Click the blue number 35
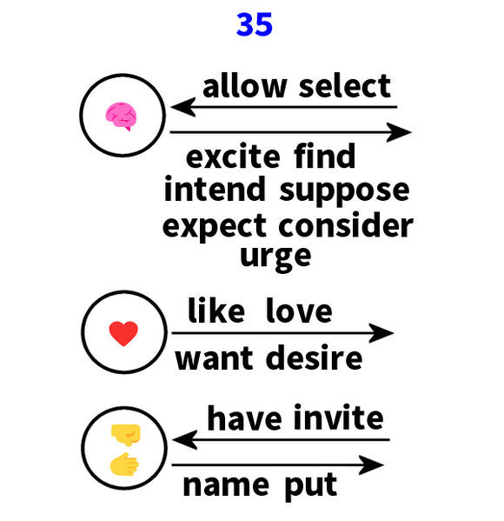[255, 24]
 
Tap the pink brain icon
[121, 116]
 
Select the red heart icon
[123, 333]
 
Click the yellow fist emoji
[126, 435]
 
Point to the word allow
[245, 86]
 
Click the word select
[345, 86]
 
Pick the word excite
[233, 157]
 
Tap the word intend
[215, 189]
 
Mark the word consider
[346, 225]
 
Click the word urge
[275, 258]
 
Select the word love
[299, 311]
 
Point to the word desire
[314, 357]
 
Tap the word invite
[338, 417]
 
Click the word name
[226, 485]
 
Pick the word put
[311, 487]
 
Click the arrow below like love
[282, 332]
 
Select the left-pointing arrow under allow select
[283, 107]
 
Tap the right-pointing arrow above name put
[278, 464]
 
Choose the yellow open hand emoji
[124, 464]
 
